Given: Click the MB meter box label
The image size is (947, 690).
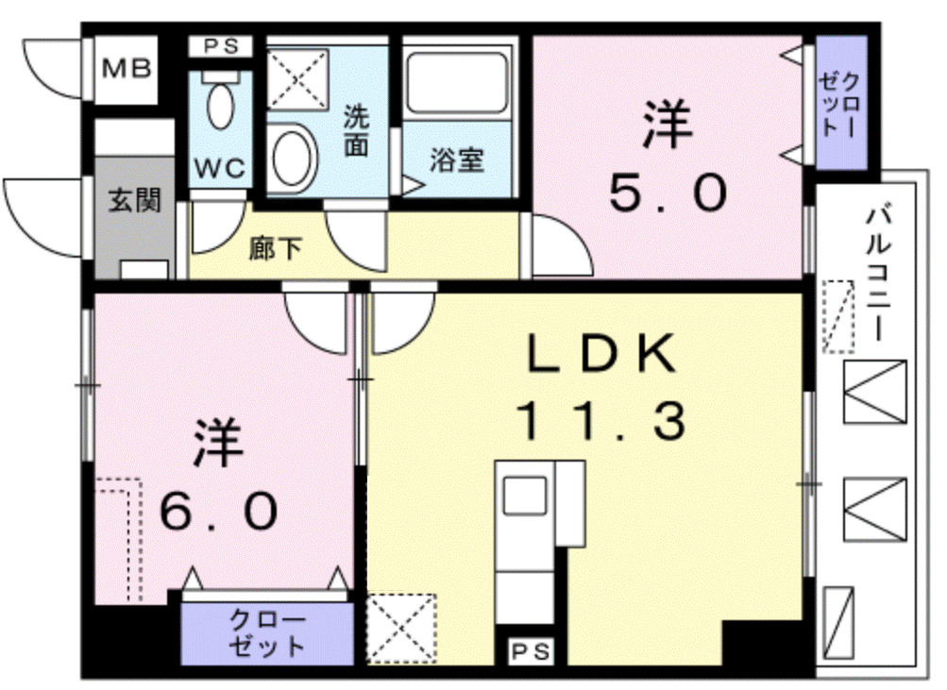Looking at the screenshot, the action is pos(127,69).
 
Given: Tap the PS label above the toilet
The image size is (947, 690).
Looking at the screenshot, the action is pos(220,46).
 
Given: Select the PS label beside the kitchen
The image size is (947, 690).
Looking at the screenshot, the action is pos(531,651).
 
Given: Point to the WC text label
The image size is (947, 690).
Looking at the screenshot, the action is pos(220,168).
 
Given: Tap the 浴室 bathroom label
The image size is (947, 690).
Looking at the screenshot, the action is pos(457,160).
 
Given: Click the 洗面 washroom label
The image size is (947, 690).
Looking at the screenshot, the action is pos(356,131).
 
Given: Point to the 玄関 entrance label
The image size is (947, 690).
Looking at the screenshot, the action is pos(135,200).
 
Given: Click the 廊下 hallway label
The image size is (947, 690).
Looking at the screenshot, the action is pos(276,248).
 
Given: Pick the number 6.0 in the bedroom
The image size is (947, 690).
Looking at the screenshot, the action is pos(219,511).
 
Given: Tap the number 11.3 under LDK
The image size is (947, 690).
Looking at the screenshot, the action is pos(601,420).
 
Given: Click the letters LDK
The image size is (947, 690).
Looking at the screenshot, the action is pos(601,353).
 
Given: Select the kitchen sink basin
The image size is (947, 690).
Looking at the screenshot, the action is pos(525,495).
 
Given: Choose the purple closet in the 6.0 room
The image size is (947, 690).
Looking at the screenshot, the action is pos(267,633).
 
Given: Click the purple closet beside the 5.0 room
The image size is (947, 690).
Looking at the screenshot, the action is pos(841,103).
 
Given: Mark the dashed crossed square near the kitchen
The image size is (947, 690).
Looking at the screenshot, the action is pos(401,629).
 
